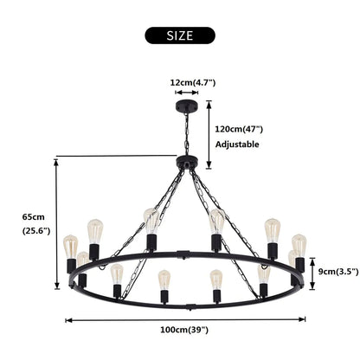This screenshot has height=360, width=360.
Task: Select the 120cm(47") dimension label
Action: (x=237, y=127)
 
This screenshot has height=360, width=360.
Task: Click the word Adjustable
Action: (x=236, y=145)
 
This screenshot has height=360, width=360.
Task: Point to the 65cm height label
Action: (x=33, y=216)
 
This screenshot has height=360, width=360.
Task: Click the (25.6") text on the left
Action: (x=36, y=231)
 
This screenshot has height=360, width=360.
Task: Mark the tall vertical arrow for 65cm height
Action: (x=57, y=222)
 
